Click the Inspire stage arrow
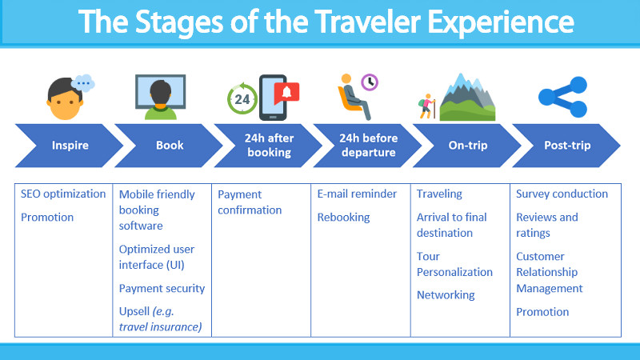[x=70, y=146]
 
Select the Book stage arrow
[x=169, y=146]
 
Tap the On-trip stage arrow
[x=467, y=146]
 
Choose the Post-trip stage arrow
[x=567, y=146]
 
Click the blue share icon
[x=562, y=97]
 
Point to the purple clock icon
[x=370, y=82]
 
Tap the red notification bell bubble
[x=286, y=94]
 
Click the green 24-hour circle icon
[x=242, y=98]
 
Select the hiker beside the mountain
[x=427, y=106]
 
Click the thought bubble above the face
[x=83, y=83]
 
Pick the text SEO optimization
[x=63, y=194]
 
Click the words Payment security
[x=162, y=289]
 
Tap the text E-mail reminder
[x=357, y=194]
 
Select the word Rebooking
[x=344, y=218]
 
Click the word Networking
[x=446, y=295]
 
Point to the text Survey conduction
[x=562, y=194]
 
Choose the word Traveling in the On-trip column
[x=439, y=194]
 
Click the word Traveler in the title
[x=367, y=22]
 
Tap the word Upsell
[x=134, y=312]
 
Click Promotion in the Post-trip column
[x=542, y=312]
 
